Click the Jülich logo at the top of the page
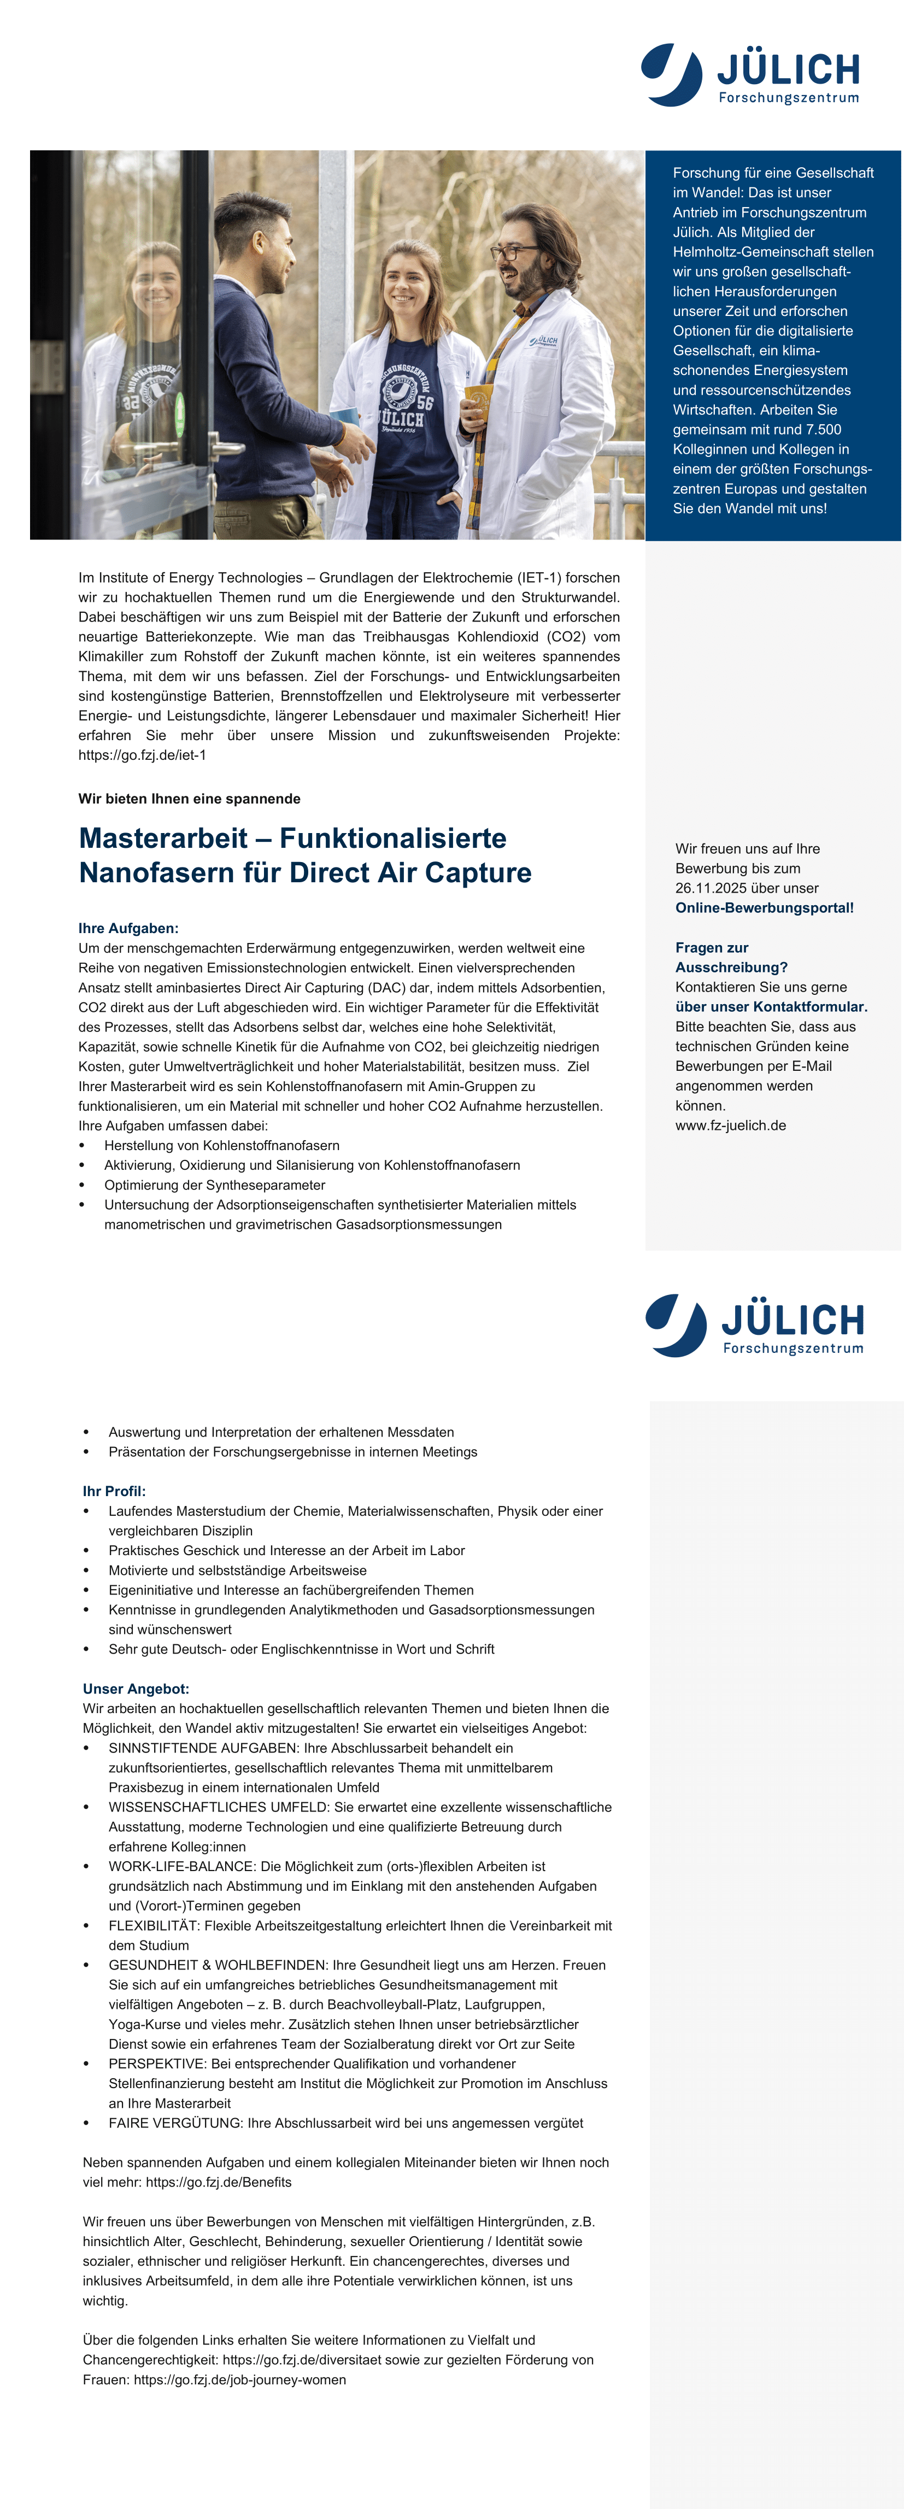click(750, 74)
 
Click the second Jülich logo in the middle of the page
click(754, 1324)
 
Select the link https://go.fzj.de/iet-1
click(142, 755)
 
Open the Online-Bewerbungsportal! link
click(764, 908)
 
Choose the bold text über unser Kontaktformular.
click(771, 1006)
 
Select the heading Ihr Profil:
click(114, 1491)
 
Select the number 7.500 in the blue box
click(819, 430)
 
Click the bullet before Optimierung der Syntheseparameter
click(83, 1185)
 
